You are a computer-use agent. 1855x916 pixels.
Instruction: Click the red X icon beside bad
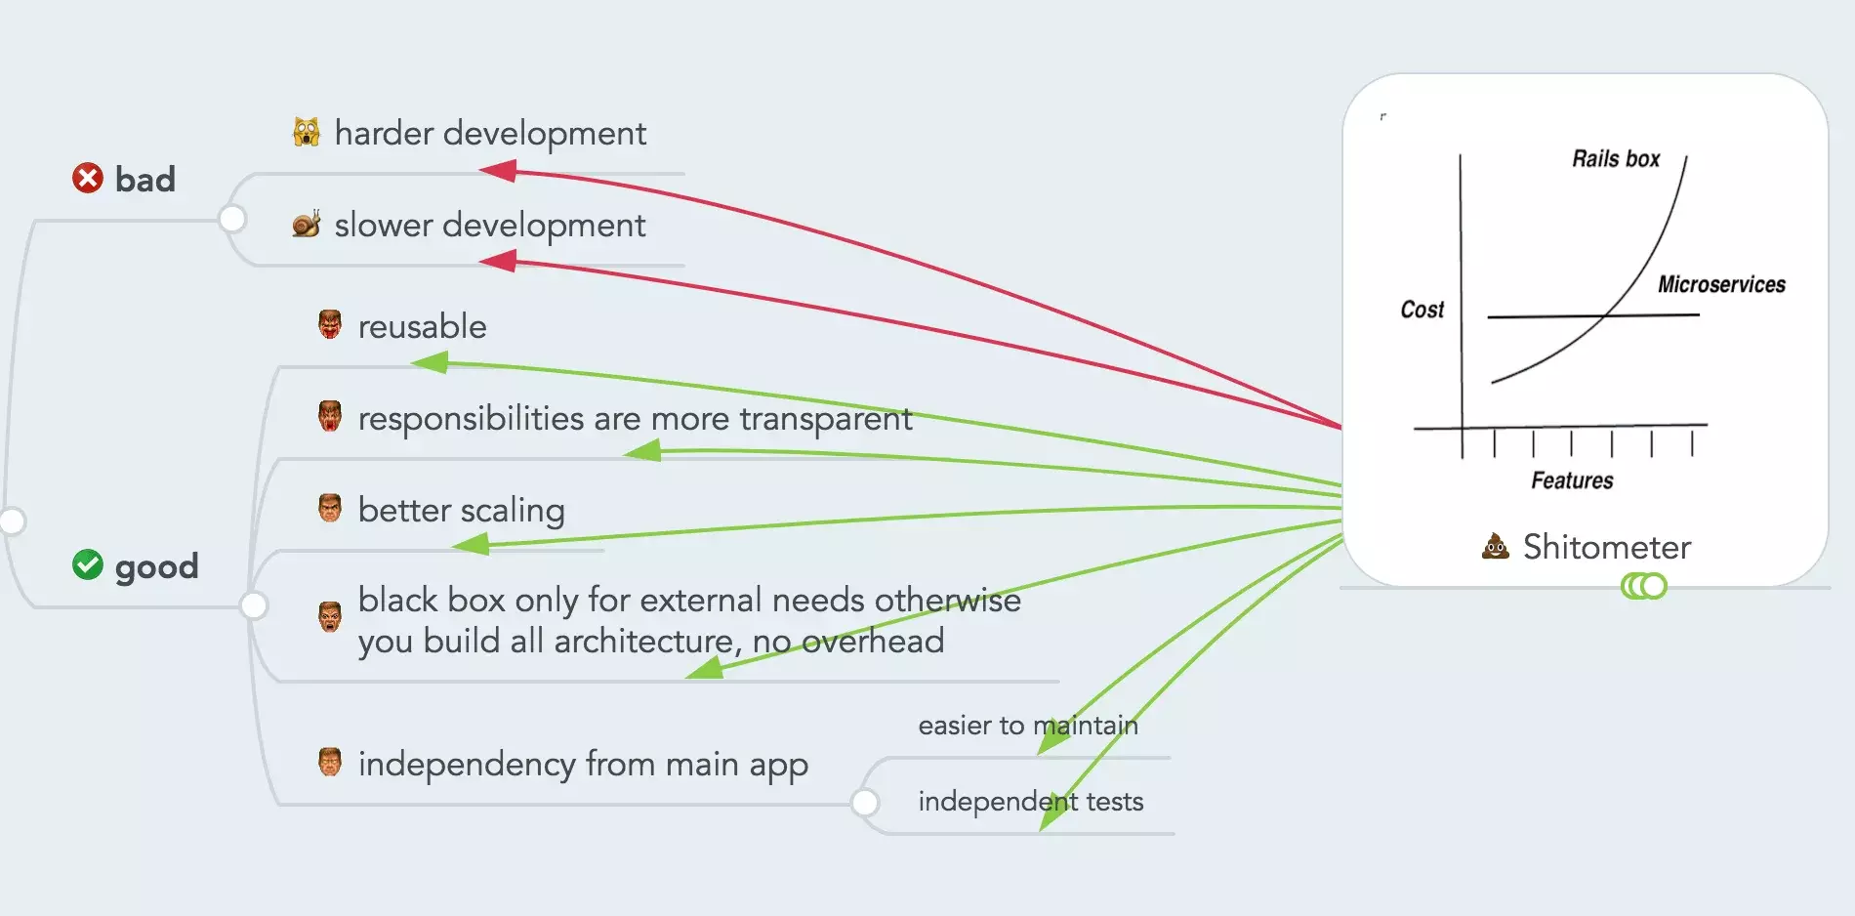(x=88, y=178)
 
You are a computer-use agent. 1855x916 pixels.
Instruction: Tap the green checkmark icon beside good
(x=88, y=564)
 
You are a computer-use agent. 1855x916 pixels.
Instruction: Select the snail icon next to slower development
(x=307, y=225)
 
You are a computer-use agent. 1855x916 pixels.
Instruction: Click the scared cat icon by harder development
(x=307, y=132)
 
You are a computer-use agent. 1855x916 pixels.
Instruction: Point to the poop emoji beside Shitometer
(x=1495, y=546)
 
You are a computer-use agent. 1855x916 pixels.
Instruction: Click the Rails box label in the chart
(x=1616, y=159)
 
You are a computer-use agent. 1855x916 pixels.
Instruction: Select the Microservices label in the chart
(x=1721, y=284)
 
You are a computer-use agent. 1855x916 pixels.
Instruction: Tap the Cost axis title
(x=1422, y=310)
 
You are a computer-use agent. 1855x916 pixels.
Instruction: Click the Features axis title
(x=1572, y=480)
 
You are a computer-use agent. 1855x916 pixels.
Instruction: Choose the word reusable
(x=422, y=326)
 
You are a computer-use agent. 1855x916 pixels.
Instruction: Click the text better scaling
(x=461, y=510)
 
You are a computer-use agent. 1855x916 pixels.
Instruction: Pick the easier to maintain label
(x=1028, y=725)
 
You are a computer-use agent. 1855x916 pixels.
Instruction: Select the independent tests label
(x=1031, y=801)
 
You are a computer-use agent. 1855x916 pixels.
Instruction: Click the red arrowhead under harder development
(x=497, y=171)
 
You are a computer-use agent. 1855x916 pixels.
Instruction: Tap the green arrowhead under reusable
(x=430, y=363)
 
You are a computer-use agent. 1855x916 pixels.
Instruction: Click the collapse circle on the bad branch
(x=232, y=219)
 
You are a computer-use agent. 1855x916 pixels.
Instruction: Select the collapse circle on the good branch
(x=254, y=605)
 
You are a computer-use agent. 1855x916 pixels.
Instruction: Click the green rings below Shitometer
(x=1644, y=586)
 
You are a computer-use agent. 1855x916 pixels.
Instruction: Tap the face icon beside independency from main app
(x=330, y=762)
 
